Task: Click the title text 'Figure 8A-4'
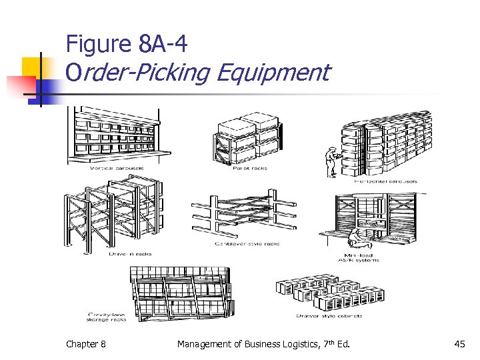[127, 45]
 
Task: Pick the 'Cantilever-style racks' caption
[247, 244]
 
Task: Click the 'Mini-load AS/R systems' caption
[361, 257]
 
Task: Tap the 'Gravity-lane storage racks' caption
[107, 316]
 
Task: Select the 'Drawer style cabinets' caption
[329, 315]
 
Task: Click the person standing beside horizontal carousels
[331, 160]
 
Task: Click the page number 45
[459, 344]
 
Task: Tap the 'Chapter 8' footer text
[85, 344]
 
